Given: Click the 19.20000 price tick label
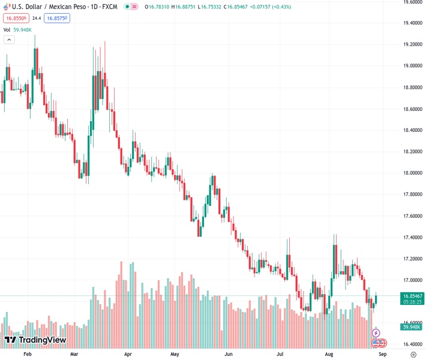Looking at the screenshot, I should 412,44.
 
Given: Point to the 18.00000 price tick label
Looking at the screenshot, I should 412,173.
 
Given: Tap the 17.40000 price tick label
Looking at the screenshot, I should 412,238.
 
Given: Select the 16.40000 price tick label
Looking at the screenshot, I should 412,344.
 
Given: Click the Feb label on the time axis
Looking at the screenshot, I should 26,355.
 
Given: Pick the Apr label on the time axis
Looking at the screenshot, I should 128,355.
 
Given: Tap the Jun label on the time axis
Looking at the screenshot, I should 229,355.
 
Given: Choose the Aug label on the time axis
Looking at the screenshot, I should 329,355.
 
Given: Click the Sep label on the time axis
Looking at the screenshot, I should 382,355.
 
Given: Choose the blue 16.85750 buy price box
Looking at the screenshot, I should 56,19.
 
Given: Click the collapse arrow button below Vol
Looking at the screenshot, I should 9,40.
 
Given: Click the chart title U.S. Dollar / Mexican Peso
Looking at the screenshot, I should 53,7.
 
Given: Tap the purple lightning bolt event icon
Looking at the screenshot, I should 376,332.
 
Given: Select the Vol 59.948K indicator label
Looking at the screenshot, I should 19,29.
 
